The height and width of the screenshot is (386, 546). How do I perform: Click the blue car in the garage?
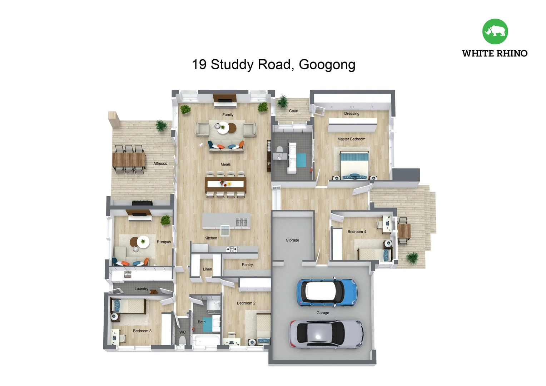click(327, 292)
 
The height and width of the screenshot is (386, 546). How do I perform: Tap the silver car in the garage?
click(326, 334)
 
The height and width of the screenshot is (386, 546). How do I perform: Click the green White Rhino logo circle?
click(495, 31)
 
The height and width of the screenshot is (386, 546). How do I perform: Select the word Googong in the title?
click(327, 65)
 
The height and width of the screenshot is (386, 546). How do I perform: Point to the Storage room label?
click(292, 240)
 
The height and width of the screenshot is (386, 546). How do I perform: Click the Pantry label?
click(247, 264)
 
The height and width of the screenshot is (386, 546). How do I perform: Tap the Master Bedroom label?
click(351, 139)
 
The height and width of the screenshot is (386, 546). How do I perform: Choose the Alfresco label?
click(160, 164)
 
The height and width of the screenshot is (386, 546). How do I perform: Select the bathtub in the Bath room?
click(206, 340)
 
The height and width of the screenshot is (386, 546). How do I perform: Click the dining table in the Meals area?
click(225, 184)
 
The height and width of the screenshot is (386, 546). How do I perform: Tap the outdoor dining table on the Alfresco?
click(129, 160)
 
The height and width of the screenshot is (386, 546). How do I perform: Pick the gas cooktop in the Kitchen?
click(231, 249)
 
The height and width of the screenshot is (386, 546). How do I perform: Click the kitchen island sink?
click(241, 222)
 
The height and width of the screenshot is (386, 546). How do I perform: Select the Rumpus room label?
click(164, 242)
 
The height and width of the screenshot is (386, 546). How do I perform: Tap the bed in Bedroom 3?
click(128, 306)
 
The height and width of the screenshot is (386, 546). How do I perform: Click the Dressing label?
click(352, 114)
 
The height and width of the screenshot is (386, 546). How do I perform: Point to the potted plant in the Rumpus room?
click(165, 220)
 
